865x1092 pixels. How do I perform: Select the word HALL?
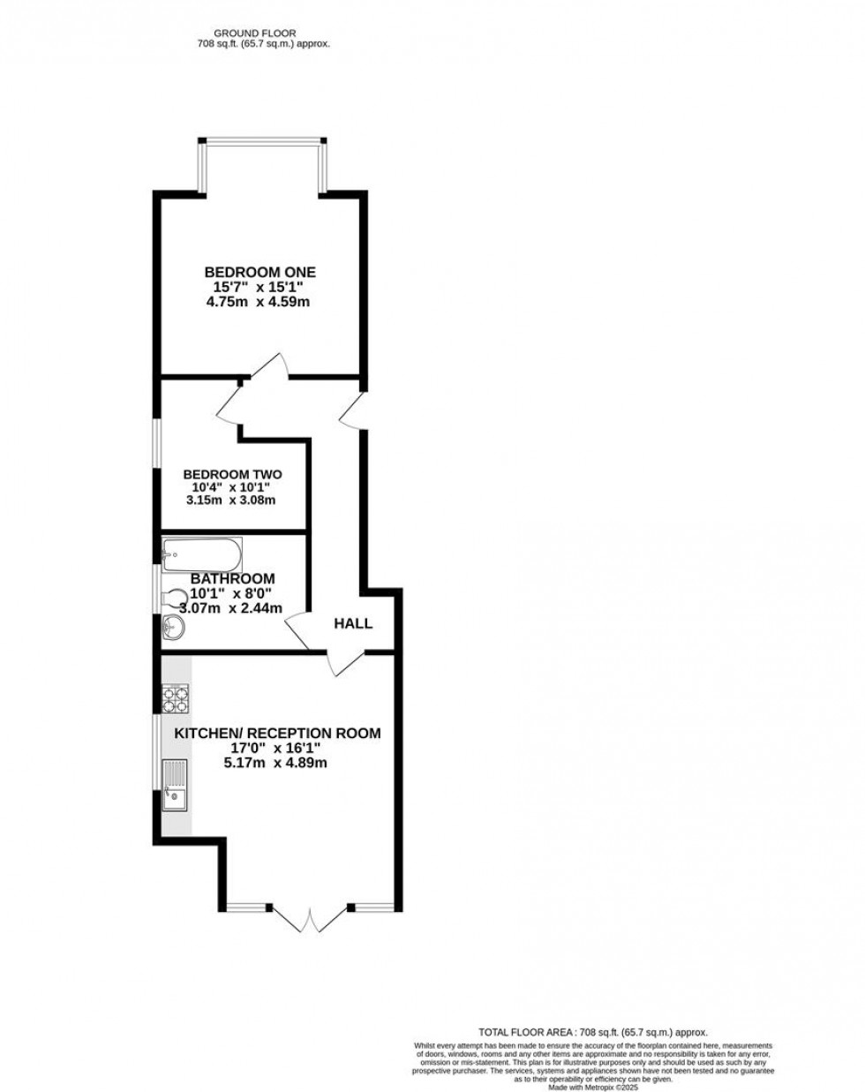353,623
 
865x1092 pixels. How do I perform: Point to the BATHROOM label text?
232,578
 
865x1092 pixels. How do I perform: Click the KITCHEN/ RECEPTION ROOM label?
277,733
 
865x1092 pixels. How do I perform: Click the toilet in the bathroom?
175,598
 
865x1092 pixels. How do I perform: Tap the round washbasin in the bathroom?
175,628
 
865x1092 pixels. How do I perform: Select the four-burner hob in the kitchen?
176,699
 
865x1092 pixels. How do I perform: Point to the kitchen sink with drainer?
176,783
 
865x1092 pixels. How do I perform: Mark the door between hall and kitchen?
345,663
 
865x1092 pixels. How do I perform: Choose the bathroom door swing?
295,629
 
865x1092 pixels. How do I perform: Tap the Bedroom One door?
270,366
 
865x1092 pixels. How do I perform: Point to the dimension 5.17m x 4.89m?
277,763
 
